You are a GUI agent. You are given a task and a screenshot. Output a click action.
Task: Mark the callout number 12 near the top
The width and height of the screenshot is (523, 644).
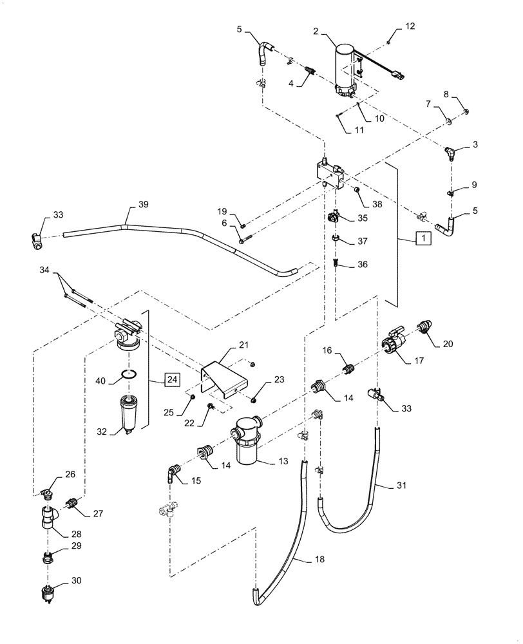410,26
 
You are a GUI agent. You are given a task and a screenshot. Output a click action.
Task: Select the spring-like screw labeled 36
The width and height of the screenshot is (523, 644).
336,264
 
